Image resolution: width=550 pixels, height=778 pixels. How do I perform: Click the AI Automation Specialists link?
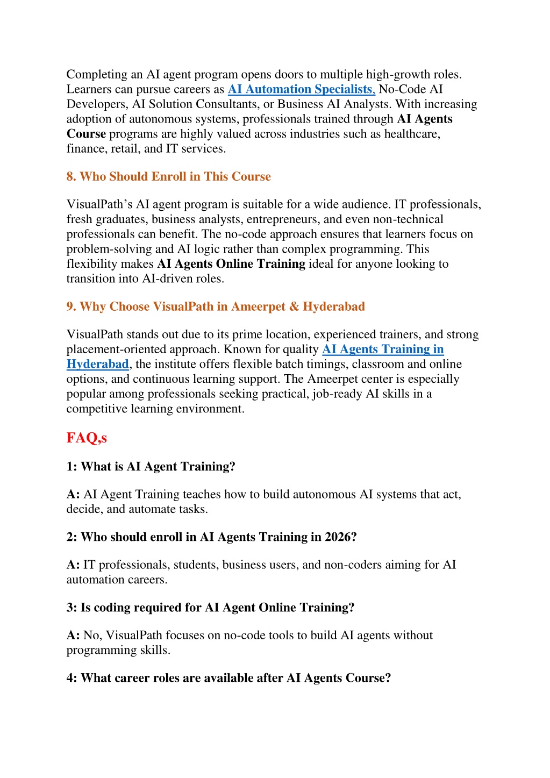click(301, 89)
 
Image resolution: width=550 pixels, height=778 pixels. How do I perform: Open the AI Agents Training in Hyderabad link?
click(383, 349)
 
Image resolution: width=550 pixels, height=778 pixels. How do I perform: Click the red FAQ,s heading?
click(87, 438)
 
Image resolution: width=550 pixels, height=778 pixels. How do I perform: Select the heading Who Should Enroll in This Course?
click(168, 176)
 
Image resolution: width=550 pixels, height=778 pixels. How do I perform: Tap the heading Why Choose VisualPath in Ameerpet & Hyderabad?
click(216, 306)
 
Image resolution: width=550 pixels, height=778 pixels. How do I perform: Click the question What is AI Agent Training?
click(151, 467)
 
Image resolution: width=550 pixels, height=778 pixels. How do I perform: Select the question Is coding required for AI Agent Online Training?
click(210, 608)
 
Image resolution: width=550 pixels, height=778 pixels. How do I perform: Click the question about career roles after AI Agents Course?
click(228, 678)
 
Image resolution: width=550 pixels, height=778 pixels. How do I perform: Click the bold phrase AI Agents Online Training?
click(231, 264)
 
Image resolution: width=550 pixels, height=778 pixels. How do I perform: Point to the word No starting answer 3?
click(91, 636)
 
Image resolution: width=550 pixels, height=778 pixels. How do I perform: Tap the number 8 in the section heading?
click(70, 176)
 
